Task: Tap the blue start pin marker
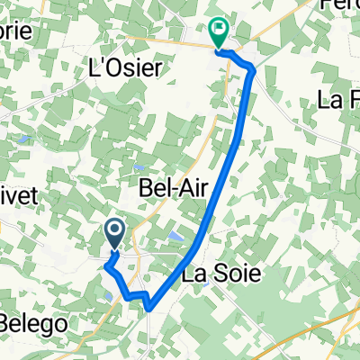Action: (x=116, y=234)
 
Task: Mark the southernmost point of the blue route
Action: (x=148, y=310)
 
